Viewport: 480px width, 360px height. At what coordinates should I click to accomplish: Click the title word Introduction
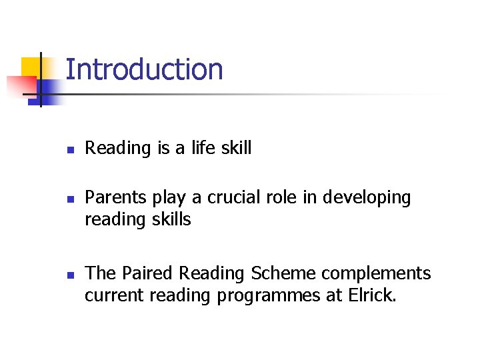(x=144, y=70)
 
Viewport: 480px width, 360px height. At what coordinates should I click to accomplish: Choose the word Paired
(x=145, y=273)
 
